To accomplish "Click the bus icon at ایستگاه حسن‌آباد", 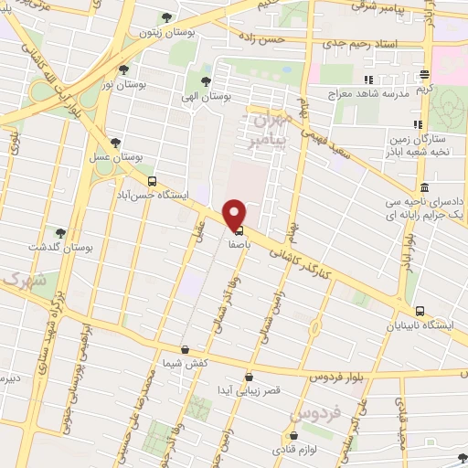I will [x=152, y=181].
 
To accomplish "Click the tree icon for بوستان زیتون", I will [x=165, y=17].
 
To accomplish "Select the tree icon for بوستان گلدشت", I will [x=60, y=233].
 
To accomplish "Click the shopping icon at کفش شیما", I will [x=185, y=349].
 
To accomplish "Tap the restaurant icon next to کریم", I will [x=424, y=75].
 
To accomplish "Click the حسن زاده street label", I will [x=287, y=41].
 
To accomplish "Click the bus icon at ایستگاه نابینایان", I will [x=419, y=311].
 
